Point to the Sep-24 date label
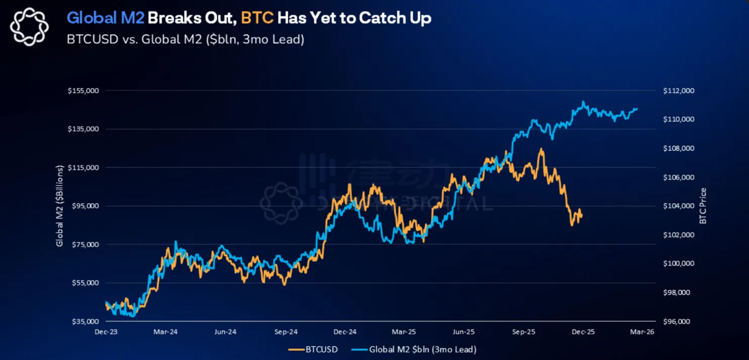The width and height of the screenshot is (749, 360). click(x=285, y=332)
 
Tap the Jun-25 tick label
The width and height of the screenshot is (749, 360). click(x=464, y=332)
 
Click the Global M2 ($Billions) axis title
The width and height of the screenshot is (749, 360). click(x=60, y=206)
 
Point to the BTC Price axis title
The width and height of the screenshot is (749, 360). click(x=703, y=206)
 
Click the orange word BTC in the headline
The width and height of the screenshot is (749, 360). click(x=257, y=19)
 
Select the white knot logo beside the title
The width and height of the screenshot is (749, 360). click(x=29, y=27)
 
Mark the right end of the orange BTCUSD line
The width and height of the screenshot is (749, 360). click(x=582, y=216)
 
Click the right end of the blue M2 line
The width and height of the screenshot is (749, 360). click(x=637, y=108)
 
